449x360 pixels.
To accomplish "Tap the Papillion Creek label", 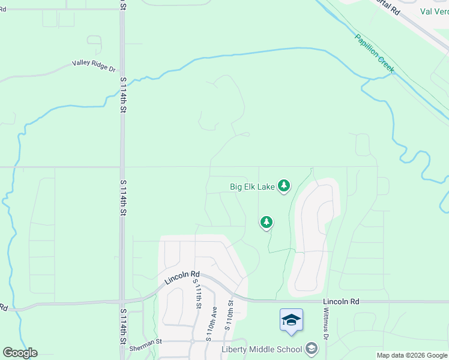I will pos(375,53).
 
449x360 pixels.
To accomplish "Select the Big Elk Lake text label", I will pos(252,187).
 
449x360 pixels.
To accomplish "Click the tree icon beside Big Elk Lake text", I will pos(284,187).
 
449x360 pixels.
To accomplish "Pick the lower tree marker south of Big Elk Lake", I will pos(267,223).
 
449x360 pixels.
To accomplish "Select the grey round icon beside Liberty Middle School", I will pos(311,349).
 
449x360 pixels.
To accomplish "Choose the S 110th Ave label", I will pos(212,324).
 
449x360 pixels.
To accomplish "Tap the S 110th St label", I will pos(228,315).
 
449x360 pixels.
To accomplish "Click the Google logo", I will pos(20,353).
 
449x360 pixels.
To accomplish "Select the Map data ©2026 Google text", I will pos(412,355).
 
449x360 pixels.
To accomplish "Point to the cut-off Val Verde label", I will pos(434,11).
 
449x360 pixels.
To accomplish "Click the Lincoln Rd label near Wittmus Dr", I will pos(340,301).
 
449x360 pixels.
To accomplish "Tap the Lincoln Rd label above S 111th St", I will pos(182,277).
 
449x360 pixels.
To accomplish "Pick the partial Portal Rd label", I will pos(387,6).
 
